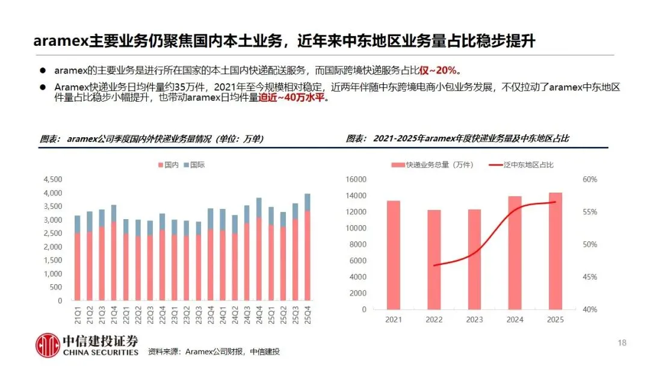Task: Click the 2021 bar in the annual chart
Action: (394, 255)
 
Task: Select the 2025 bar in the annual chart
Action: (556, 251)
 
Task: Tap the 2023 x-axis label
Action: (474, 320)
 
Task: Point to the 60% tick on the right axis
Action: (590, 179)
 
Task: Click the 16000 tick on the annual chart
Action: (356, 179)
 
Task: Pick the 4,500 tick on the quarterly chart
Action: (52, 179)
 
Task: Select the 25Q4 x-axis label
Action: (307, 315)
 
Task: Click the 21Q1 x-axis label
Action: (78, 315)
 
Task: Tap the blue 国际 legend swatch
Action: (187, 165)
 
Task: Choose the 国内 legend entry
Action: (169, 165)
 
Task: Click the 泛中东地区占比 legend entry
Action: (521, 165)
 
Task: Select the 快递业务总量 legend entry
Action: (432, 165)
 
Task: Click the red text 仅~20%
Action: (438, 70)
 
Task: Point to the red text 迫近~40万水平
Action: (291, 98)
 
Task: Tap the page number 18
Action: (622, 343)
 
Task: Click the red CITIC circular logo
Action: (48, 346)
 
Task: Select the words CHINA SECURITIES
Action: (101, 352)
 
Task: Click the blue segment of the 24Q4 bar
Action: (259, 208)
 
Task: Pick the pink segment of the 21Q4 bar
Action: (114, 261)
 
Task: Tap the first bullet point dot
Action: (43, 70)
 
